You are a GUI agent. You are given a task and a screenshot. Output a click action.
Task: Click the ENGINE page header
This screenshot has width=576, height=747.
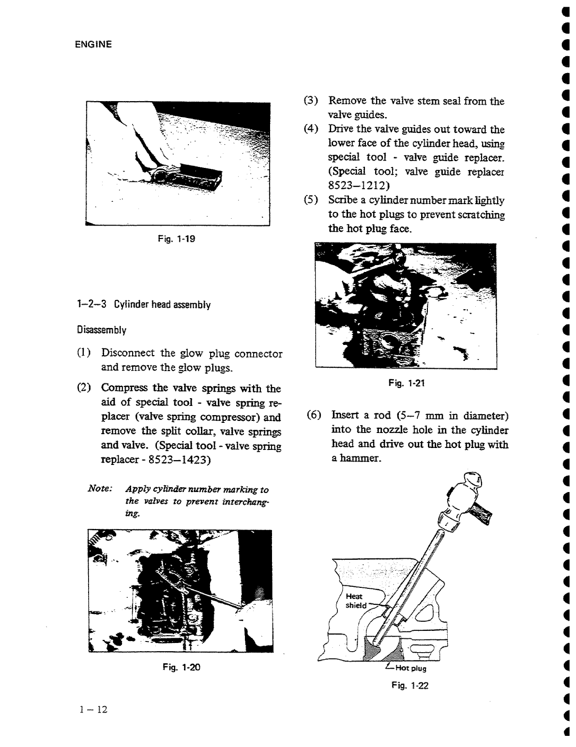click(x=93, y=45)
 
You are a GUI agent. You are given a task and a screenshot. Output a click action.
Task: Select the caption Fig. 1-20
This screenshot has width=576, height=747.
click(x=182, y=667)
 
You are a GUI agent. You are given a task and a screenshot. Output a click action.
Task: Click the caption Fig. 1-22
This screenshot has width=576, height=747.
click(x=410, y=686)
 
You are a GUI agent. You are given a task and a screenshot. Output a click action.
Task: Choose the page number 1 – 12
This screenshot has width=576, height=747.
click(x=93, y=710)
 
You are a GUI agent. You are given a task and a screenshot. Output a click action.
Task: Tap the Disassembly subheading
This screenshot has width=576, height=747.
click(x=102, y=330)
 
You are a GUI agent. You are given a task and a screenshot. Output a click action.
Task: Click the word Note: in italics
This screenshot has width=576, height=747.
click(x=100, y=489)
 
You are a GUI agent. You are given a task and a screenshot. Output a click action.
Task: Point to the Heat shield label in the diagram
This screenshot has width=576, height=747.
click(x=355, y=601)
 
